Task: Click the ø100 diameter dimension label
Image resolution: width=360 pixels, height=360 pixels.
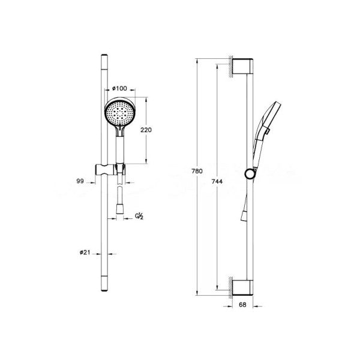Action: (x=119, y=88)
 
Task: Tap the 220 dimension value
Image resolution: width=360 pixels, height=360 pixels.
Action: (x=146, y=130)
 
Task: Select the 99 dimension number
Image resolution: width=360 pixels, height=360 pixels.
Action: (x=80, y=181)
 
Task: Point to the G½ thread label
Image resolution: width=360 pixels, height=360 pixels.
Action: (x=139, y=216)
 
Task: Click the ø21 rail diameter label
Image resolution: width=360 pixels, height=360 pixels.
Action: (x=85, y=253)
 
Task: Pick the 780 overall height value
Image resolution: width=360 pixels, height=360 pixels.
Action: (x=197, y=171)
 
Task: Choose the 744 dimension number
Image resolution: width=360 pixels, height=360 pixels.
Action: (x=217, y=182)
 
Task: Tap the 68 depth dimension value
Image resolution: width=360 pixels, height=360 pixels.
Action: (x=242, y=305)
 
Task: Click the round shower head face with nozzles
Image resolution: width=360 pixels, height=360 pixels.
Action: (x=120, y=112)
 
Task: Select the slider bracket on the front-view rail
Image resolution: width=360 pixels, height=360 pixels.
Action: (x=110, y=170)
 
